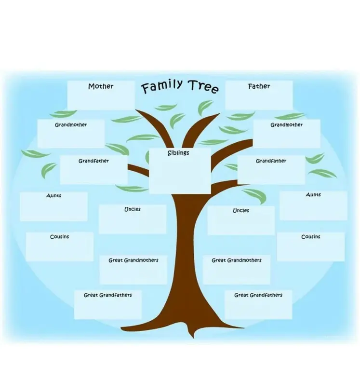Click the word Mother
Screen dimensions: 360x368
(x=101, y=86)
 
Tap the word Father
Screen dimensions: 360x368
(x=259, y=86)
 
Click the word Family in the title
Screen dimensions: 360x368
(x=162, y=86)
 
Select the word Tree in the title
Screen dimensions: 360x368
(x=204, y=86)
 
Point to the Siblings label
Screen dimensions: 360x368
(x=178, y=153)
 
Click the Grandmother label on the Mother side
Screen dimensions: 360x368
(x=71, y=125)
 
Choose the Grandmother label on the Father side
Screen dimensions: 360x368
(x=286, y=125)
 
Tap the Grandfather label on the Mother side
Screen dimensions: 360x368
(x=93, y=161)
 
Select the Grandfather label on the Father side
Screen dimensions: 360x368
(x=271, y=161)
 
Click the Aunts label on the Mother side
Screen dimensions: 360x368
(x=53, y=195)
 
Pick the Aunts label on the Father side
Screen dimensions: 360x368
(x=313, y=194)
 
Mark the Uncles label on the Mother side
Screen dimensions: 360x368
(x=132, y=209)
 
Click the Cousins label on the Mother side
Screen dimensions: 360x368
(x=59, y=236)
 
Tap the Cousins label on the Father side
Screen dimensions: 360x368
(x=310, y=236)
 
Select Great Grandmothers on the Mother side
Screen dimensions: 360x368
(x=133, y=260)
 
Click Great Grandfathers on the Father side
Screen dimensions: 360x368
(x=258, y=295)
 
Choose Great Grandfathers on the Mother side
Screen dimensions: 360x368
(x=107, y=295)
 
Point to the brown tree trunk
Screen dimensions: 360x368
(x=185, y=246)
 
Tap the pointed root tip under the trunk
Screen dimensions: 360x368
(x=193, y=338)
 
